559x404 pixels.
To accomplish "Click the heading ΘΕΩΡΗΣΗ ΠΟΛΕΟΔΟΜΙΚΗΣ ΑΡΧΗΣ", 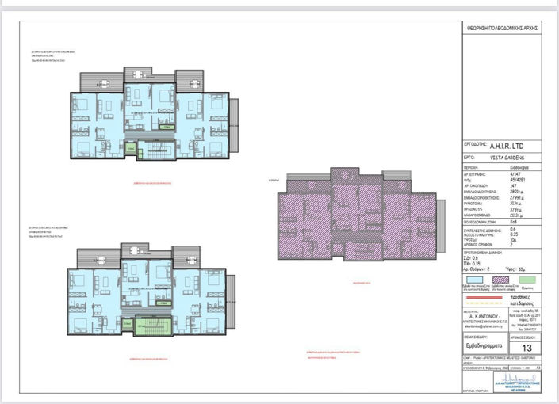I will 502,27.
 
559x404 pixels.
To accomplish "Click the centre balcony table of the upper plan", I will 140,74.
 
